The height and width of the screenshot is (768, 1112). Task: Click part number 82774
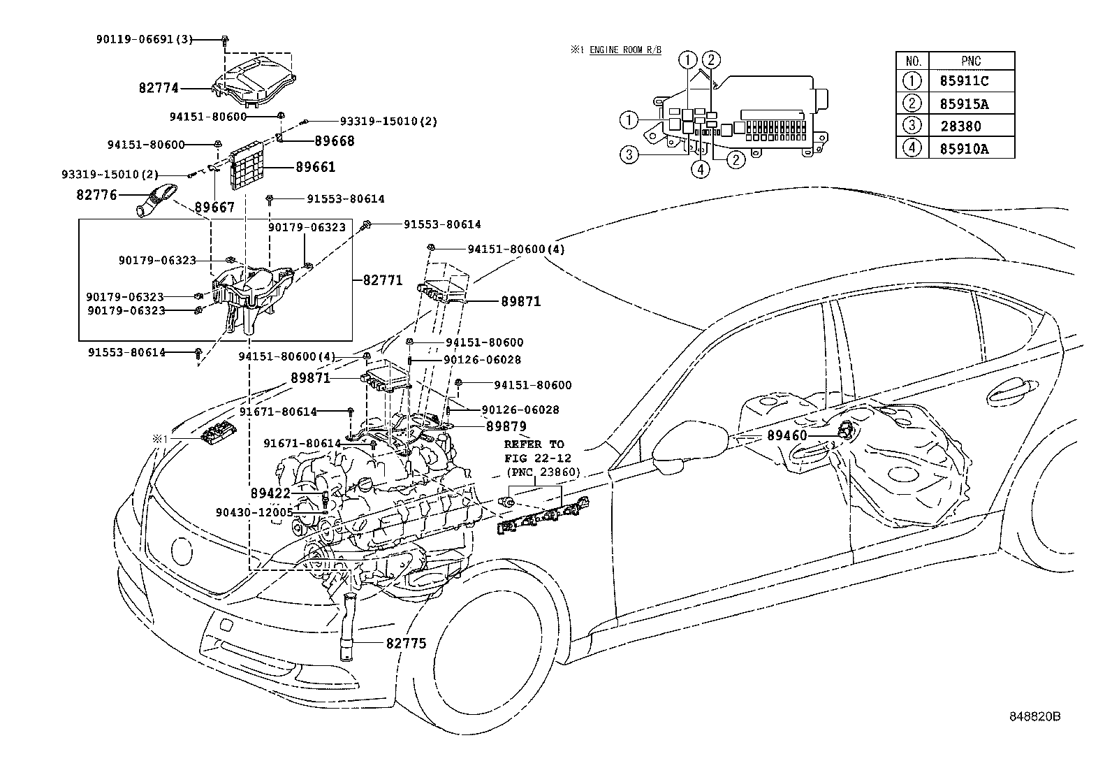(x=159, y=88)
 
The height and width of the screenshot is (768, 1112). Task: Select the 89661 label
(x=315, y=167)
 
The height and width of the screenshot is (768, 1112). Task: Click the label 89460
(x=787, y=435)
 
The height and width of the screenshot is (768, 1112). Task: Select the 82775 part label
(x=406, y=643)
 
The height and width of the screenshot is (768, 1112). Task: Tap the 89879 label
(x=506, y=426)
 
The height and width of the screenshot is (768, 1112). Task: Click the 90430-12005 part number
(x=254, y=512)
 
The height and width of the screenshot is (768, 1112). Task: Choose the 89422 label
(x=270, y=494)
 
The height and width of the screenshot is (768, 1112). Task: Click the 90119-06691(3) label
(x=144, y=40)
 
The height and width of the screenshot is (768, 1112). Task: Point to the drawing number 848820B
(x=1034, y=717)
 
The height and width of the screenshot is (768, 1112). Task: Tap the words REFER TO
(x=534, y=444)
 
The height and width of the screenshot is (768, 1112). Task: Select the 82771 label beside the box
(x=383, y=280)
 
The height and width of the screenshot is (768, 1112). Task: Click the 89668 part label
(x=335, y=141)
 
